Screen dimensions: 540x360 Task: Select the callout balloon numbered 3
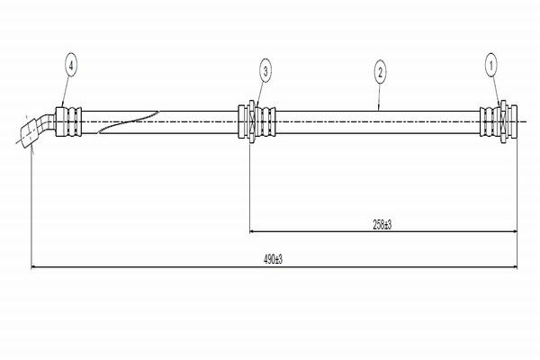pyautogui.click(x=265, y=68)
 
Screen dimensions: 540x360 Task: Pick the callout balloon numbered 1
pyautogui.click(x=491, y=64)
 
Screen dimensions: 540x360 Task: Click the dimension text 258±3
pyautogui.click(x=381, y=225)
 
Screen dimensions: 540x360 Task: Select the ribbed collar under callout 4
pyautogui.click(x=68, y=121)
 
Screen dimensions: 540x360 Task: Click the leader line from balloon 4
pyautogui.click(x=66, y=90)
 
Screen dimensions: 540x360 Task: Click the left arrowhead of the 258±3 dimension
pyautogui.click(x=251, y=232)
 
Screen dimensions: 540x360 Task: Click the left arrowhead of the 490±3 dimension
pyautogui.click(x=34, y=266)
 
